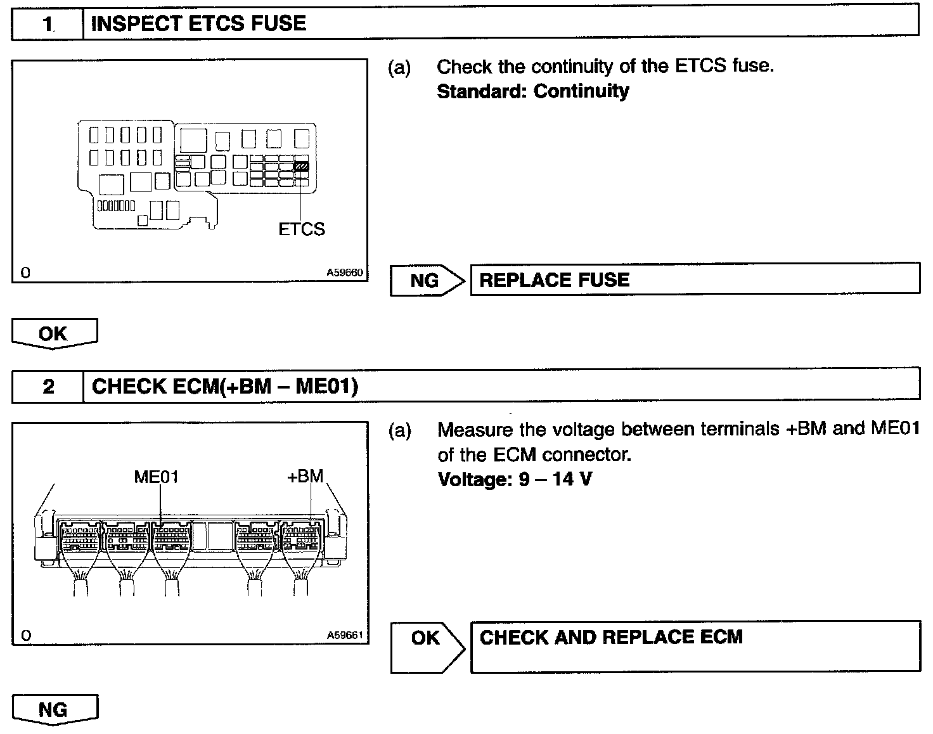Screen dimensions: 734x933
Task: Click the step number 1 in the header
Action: pos(48,24)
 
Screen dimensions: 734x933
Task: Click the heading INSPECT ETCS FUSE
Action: pos(198,24)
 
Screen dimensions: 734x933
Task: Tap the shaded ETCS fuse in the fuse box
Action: pos(302,167)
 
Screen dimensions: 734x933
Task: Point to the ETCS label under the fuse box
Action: pos(301,229)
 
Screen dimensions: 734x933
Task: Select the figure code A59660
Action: pos(345,273)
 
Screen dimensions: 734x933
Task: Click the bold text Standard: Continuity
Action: pos(533,91)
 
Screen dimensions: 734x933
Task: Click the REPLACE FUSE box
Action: pos(695,280)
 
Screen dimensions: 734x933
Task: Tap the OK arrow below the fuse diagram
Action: pos(55,333)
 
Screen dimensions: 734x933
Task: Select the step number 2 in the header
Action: pos(49,386)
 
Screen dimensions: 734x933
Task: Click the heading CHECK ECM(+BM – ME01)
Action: pos(225,386)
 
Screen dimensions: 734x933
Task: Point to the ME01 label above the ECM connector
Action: pos(156,477)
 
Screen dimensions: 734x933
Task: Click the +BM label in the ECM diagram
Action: pos(306,477)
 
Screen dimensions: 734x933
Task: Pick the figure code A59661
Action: pos(345,635)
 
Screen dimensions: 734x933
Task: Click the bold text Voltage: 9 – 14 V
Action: pos(515,479)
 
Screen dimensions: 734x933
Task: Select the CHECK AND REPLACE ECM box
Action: pos(695,645)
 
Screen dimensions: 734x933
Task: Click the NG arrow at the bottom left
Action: pos(55,709)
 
